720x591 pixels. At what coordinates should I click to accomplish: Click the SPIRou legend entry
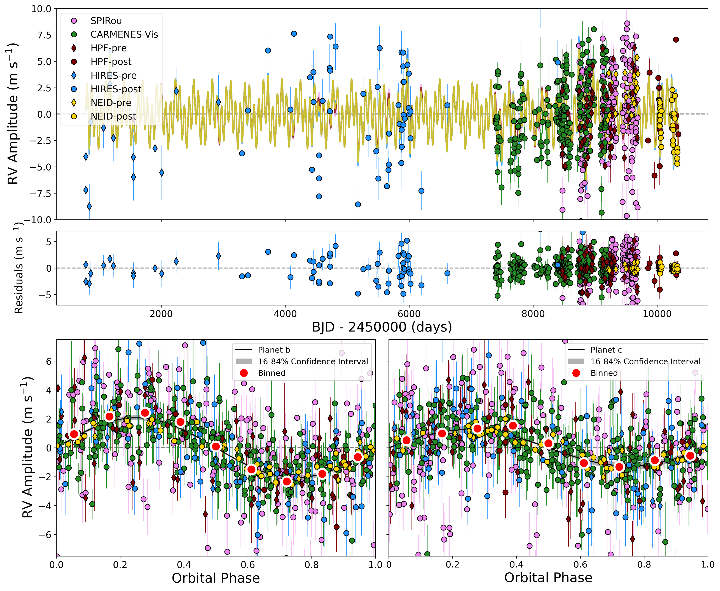106,21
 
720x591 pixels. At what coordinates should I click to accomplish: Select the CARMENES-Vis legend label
124,34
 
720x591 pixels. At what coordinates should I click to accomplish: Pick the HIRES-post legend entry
116,89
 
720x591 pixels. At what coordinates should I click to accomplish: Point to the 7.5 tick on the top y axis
41,35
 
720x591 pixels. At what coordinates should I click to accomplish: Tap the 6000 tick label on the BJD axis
409,314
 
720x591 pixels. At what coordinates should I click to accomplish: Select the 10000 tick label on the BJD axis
657,314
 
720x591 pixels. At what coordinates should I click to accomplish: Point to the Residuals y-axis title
19,268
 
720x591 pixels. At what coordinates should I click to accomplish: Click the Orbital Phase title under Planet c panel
548,578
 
